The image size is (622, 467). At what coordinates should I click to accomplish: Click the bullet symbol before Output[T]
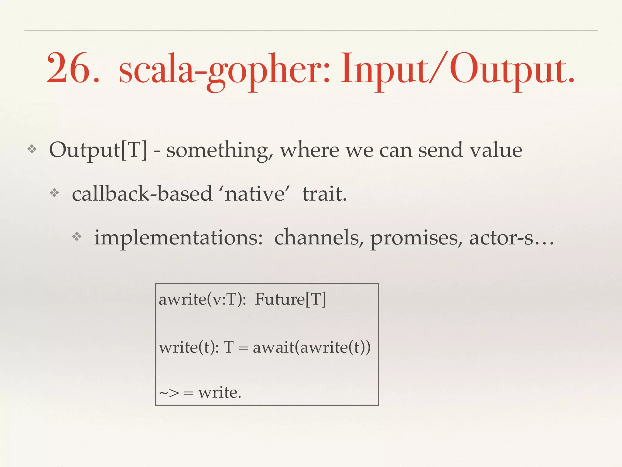pos(32,149)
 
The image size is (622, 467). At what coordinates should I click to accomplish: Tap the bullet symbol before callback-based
pos(54,193)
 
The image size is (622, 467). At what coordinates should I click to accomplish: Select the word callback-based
pos(142,194)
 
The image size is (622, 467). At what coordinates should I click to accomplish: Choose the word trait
pos(324,194)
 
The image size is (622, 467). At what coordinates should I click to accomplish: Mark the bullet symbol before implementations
pos(77,237)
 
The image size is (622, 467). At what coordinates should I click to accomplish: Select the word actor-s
pos(501,238)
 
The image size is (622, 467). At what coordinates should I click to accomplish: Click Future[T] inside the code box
pos(290,299)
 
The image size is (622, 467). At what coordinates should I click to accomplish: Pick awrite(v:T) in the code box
pos(202,299)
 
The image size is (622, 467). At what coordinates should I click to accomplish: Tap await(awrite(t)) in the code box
pos(312,347)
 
